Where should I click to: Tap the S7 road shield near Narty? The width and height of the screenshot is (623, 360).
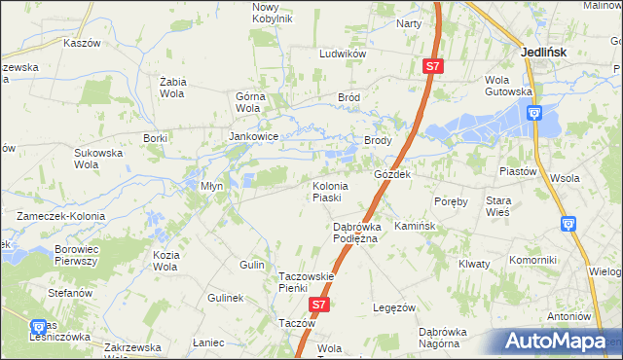434,66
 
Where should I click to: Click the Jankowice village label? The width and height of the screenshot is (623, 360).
254,137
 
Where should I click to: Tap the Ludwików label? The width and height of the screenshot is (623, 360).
342,54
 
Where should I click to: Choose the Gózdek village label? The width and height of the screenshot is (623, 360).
393,174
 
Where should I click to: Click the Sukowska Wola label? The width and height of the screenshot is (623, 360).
100,158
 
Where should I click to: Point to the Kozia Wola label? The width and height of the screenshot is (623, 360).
165,260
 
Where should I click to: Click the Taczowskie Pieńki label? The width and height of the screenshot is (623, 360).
307,281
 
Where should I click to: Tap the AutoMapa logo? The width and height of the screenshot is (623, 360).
560,342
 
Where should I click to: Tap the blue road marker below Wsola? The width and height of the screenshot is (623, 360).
568,224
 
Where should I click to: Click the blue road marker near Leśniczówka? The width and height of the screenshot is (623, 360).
38,327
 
